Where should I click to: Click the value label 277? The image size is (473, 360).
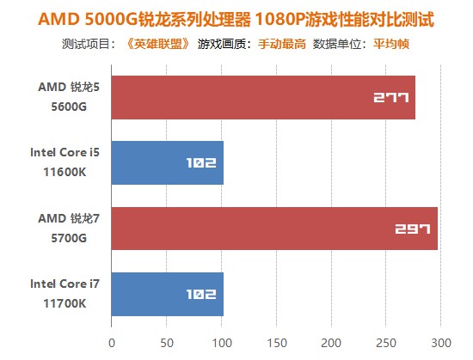pos(390,97)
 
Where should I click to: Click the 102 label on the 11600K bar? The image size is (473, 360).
pos(200,163)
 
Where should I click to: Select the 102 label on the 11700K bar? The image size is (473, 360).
pos(200,295)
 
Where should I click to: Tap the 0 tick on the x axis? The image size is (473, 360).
pos(112,341)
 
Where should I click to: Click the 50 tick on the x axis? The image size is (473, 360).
pos(166,341)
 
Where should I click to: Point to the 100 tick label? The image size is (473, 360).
pos(221,341)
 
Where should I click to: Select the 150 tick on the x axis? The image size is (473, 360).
pos(276,341)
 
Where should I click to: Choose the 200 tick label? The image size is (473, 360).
pos(331,341)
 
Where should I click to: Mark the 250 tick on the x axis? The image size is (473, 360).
pos(385,341)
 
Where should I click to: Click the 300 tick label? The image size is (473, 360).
pos(440,341)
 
